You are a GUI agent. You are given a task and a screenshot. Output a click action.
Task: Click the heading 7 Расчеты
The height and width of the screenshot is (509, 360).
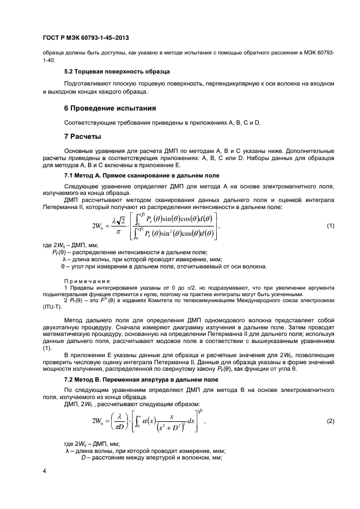pos(83,136)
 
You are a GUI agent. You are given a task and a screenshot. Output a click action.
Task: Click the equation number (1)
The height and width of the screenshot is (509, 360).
pos(330,225)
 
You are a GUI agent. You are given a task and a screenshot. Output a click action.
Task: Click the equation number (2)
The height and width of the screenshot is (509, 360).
pos(330,421)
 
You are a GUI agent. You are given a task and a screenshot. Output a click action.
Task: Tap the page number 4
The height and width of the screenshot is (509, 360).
pos(44,470)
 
